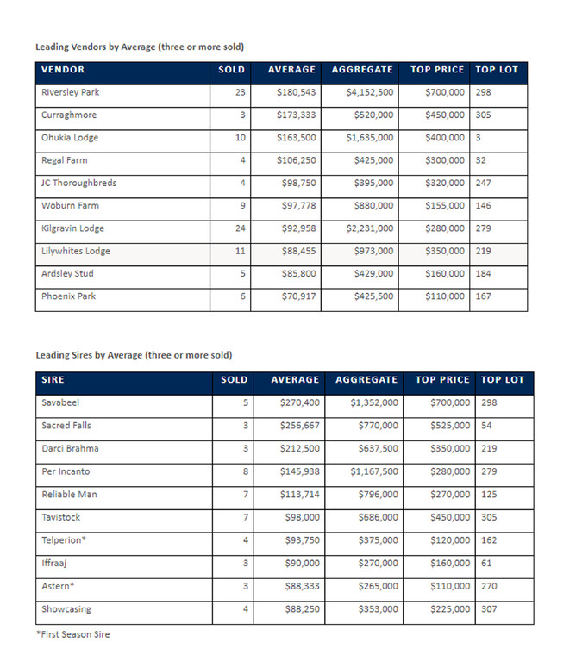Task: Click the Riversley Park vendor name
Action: (x=71, y=92)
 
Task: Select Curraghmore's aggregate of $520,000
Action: (x=373, y=115)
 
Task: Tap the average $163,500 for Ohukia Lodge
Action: (x=296, y=138)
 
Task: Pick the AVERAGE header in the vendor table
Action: (x=291, y=69)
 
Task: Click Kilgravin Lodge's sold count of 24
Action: (x=240, y=228)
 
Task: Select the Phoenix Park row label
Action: (x=68, y=296)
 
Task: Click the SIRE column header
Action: (x=53, y=379)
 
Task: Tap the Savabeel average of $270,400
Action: (x=299, y=402)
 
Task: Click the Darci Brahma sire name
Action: (x=70, y=448)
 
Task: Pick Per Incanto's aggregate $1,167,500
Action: (x=373, y=471)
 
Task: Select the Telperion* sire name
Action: (x=63, y=540)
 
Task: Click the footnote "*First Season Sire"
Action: (x=72, y=634)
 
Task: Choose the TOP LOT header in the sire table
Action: (x=502, y=379)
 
